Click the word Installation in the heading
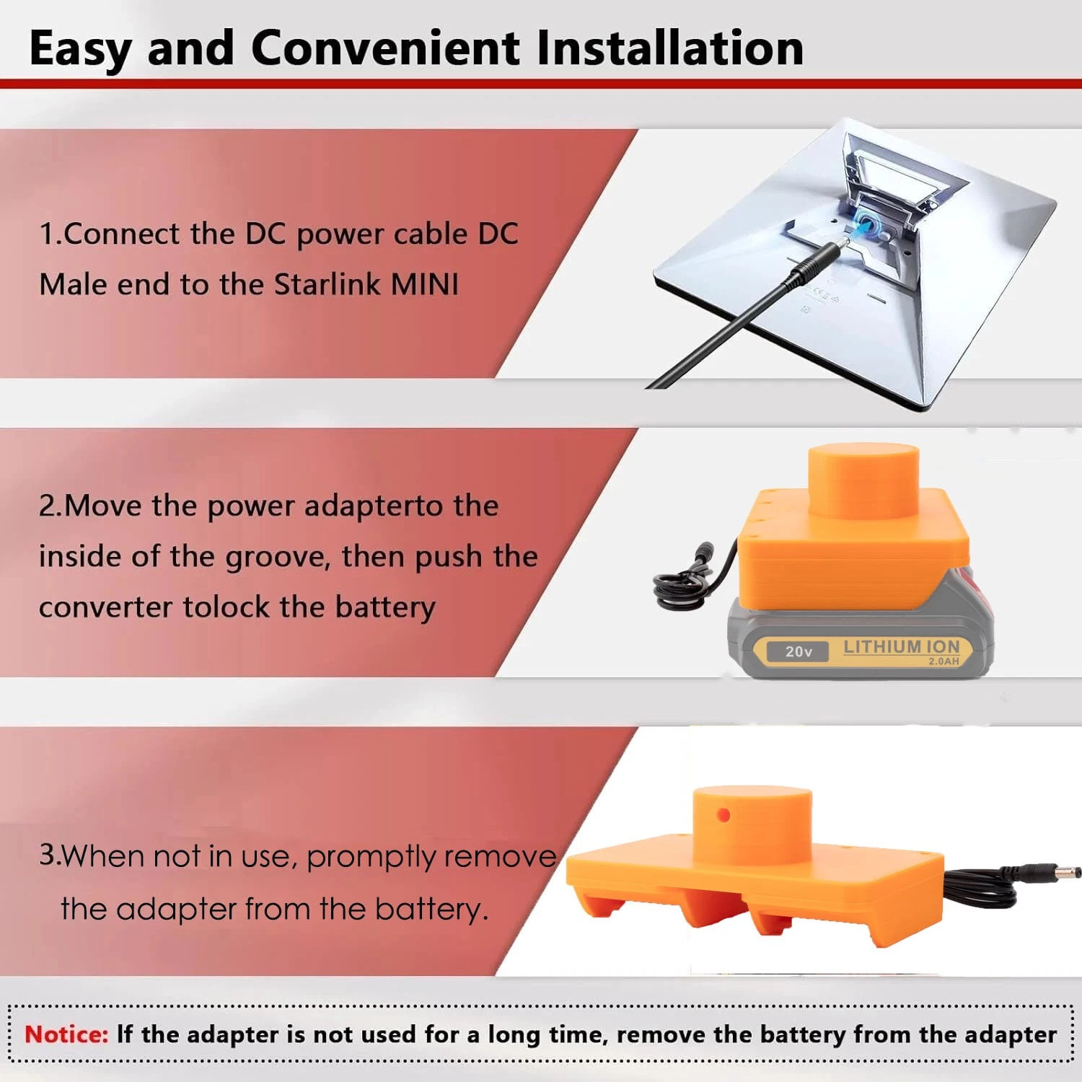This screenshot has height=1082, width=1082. click(670, 48)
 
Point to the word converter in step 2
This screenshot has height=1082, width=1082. click(105, 607)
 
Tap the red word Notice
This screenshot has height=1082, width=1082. click(66, 1034)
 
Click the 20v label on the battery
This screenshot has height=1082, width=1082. click(799, 651)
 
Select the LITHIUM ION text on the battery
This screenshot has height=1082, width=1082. click(902, 647)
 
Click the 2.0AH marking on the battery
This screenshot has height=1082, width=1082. click(944, 661)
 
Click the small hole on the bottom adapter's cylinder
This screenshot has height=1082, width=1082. click(723, 816)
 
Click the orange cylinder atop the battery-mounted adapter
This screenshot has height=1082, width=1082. click(863, 480)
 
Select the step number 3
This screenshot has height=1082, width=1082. click(48, 855)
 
